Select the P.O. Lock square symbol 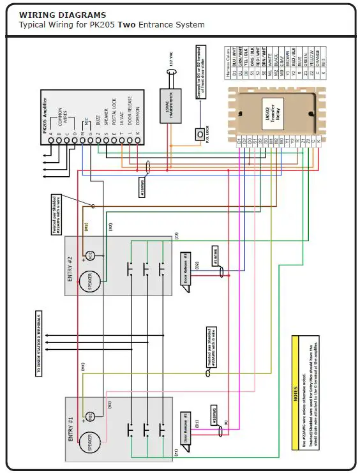click(198, 135)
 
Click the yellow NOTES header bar click(296, 393)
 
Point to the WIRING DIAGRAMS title click(63, 15)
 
